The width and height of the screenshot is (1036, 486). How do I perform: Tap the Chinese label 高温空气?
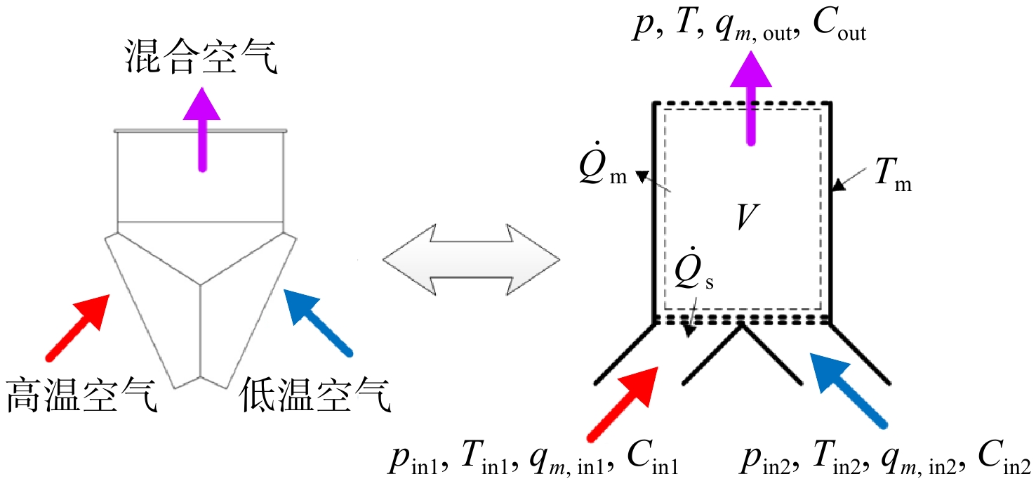tap(81, 395)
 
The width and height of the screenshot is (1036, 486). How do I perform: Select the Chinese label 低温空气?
tap(315, 395)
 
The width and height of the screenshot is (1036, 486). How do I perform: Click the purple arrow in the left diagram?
tap(201, 130)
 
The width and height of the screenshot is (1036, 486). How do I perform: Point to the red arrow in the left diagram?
tap(78, 327)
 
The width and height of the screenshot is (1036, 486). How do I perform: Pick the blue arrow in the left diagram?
tap(318, 322)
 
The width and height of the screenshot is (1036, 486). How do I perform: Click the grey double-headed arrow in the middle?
tap(471, 260)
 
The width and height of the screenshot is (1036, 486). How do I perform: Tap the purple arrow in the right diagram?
tap(750, 98)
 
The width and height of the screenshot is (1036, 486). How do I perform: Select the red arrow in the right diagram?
tap(623, 404)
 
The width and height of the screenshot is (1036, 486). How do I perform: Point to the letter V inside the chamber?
tap(747, 216)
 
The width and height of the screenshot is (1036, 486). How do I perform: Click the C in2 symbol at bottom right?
tap(1004, 458)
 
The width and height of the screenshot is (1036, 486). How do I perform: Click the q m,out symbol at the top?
tap(754, 29)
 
